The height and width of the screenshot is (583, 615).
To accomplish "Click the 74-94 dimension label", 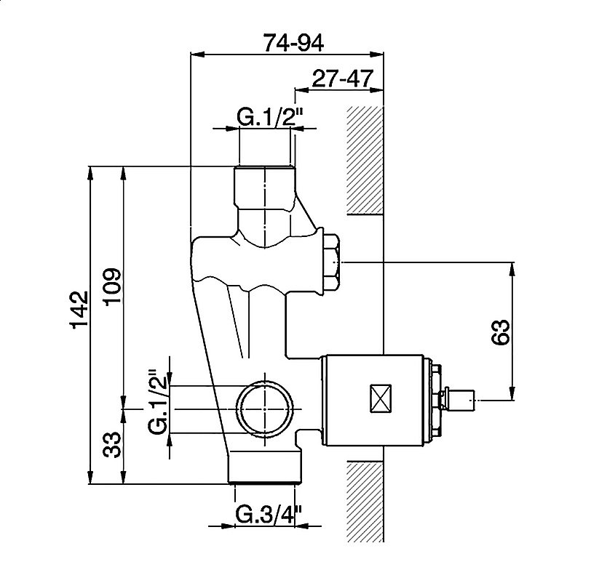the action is (293, 43).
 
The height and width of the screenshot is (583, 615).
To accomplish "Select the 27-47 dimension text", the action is (341, 79).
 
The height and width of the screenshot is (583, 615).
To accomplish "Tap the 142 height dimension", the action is (79, 310).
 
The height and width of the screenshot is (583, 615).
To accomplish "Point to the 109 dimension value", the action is (112, 286).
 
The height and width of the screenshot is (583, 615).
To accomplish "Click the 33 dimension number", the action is (112, 445).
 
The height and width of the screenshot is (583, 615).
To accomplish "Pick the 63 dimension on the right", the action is (501, 332).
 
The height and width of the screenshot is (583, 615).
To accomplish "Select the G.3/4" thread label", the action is (269, 515).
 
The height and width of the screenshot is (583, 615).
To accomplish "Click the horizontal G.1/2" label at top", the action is (271, 116).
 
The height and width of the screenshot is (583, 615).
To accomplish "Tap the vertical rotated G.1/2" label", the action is (158, 401).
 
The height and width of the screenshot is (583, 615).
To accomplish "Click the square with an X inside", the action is (381, 398).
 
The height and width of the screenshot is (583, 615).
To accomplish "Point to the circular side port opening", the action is (265, 409).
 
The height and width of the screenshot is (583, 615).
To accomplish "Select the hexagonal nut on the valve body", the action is (332, 262).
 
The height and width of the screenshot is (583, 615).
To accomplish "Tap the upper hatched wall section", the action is (365, 160).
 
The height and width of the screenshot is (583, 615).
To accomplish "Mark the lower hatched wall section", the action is (365, 501).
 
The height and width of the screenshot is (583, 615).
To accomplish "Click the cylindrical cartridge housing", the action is (373, 400).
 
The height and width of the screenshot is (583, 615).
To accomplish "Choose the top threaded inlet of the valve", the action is (265, 188).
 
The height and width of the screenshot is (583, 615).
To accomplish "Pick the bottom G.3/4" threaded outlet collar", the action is (266, 467).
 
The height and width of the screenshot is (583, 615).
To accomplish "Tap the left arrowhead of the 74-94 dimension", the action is (198, 55).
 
